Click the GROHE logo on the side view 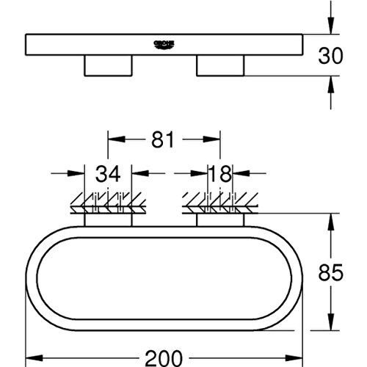click(164, 45)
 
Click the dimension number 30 click(330, 56)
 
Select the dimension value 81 click(162, 139)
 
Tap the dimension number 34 click(108, 174)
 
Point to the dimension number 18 click(220, 174)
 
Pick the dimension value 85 click(331, 272)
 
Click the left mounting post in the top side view click(109, 65)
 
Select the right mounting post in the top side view click(220, 65)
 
